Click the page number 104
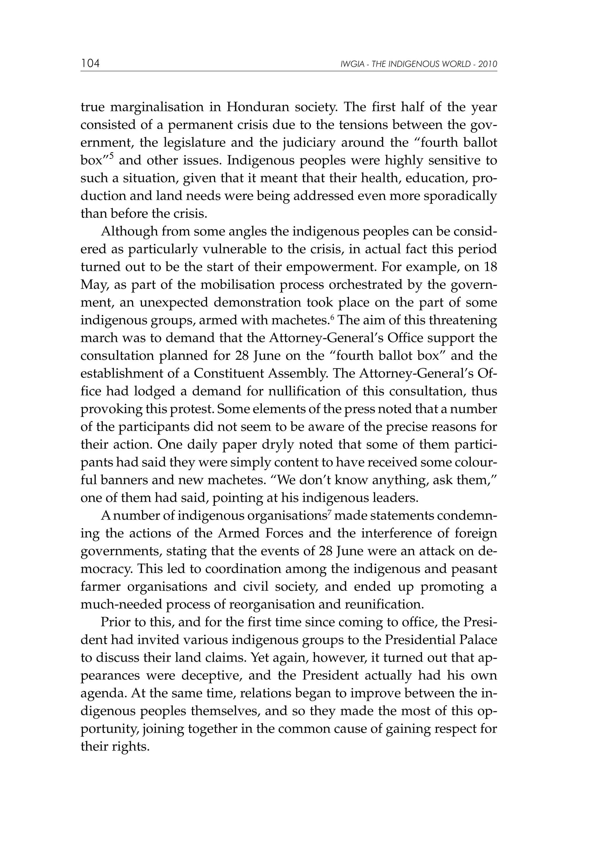click(90, 64)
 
